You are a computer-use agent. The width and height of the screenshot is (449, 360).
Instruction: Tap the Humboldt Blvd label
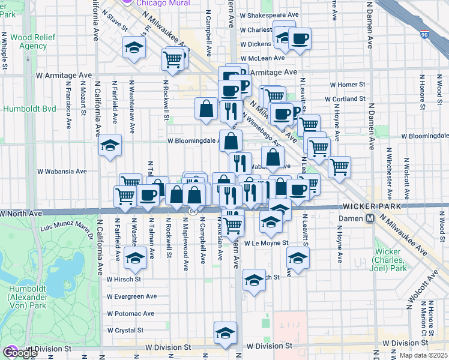pyautogui.click(x=29, y=109)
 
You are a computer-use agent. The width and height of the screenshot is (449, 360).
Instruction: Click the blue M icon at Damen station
pyautogui.click(x=371, y=220)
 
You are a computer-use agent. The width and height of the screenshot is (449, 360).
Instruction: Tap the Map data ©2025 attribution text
pyautogui.click(x=422, y=355)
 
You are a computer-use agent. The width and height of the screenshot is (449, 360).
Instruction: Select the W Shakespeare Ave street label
pyautogui.click(x=268, y=14)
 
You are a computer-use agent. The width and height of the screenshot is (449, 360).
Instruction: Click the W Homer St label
pyautogui.click(x=345, y=85)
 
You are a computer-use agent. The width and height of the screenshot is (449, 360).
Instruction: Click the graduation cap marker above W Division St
pyautogui.click(x=225, y=333)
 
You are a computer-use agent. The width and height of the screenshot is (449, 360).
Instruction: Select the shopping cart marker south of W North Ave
pyautogui.click(x=233, y=224)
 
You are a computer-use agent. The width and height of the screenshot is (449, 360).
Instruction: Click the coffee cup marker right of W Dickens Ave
pyautogui.click(x=300, y=39)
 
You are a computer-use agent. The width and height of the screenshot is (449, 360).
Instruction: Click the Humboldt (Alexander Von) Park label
pyautogui.click(x=23, y=297)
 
